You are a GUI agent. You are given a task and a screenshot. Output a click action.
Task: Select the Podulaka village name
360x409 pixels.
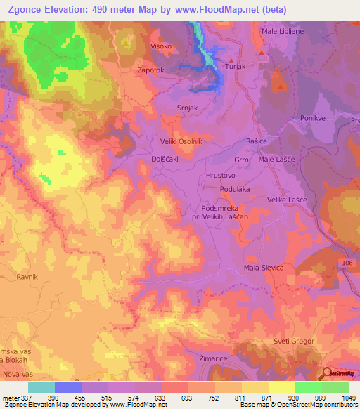point(235,189)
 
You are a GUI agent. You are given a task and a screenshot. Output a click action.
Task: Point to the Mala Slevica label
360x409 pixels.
point(263,268)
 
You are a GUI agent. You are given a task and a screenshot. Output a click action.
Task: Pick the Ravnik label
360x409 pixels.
point(27,278)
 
